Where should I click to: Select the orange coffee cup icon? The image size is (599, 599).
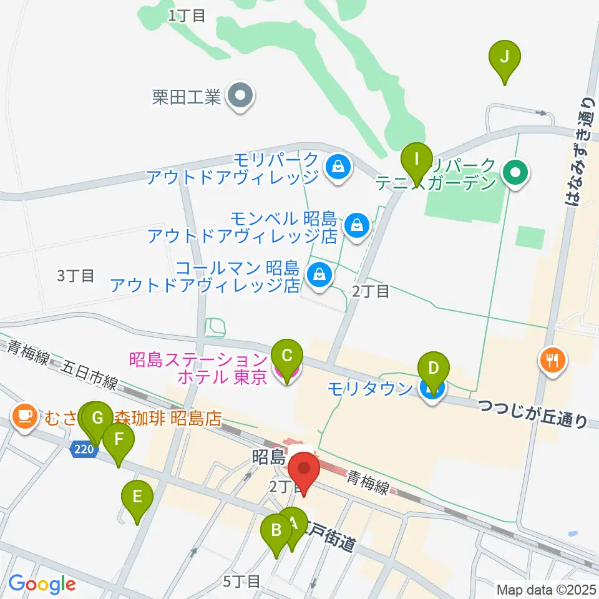[24, 416]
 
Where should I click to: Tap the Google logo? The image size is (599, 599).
[42, 585]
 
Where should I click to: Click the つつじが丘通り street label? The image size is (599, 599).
[533, 414]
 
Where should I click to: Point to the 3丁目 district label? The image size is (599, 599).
[75, 276]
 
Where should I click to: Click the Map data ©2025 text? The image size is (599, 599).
[545, 589]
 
